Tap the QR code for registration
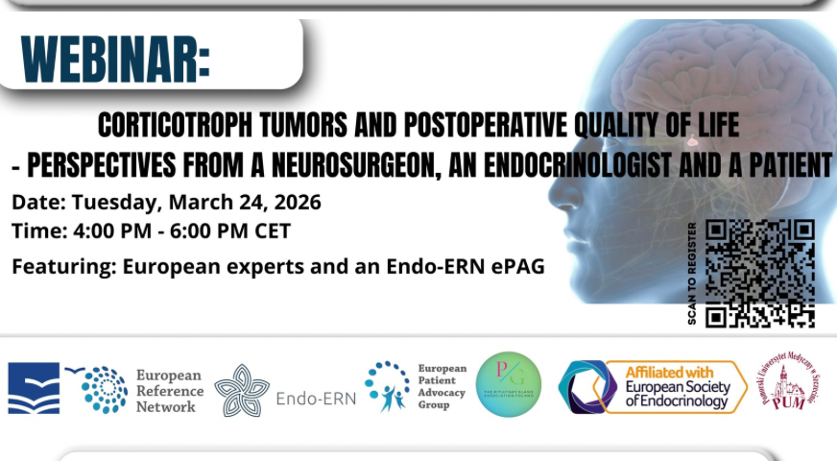tap(759, 274)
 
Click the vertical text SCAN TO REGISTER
tap(692, 274)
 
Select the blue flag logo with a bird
tap(34, 388)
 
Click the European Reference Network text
tap(169, 390)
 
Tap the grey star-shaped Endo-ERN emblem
tap(241, 390)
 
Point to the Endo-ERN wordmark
tap(315, 399)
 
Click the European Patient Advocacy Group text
tap(442, 386)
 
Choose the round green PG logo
tap(509, 384)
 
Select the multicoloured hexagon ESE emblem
tap(586, 388)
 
